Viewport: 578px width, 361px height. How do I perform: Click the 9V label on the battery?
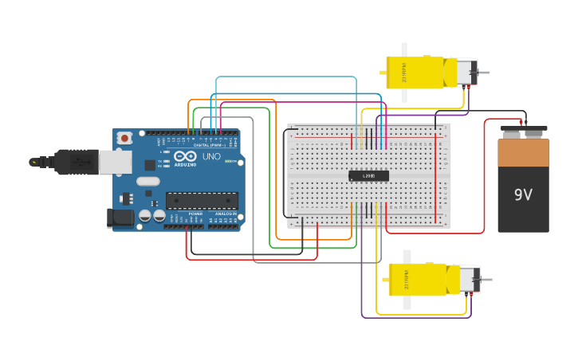(x=523, y=194)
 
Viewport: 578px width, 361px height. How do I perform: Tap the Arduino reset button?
(x=124, y=138)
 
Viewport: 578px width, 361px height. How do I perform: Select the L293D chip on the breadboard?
(x=368, y=176)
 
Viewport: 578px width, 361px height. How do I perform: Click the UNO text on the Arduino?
(x=211, y=156)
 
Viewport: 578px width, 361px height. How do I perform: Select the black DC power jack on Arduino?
(x=119, y=217)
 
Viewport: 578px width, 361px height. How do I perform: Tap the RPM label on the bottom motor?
(x=405, y=281)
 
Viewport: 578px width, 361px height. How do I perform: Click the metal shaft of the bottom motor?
(x=486, y=280)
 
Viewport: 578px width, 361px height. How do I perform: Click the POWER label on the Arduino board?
(x=195, y=214)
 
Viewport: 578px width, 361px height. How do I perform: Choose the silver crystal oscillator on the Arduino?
(x=147, y=181)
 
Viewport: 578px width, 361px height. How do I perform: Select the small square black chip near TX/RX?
(x=150, y=165)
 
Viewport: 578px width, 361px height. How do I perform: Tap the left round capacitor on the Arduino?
(x=145, y=215)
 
